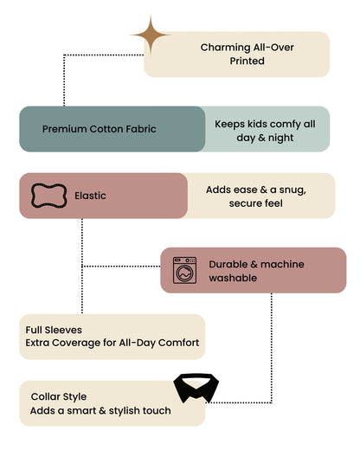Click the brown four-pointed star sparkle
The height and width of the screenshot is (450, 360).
[151, 35]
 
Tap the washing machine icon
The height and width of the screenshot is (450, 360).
[184, 270]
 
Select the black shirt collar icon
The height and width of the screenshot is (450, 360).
[196, 388]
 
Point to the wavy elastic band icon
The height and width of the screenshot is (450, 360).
[48, 196]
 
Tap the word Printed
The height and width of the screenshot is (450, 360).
[247, 61]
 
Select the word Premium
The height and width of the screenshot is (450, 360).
[64, 129]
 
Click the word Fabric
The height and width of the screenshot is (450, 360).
[141, 129]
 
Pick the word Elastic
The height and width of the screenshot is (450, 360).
[90, 196]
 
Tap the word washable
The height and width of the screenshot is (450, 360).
[233, 278]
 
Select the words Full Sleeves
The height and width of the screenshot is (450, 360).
[54, 330]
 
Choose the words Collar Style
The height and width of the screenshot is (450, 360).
[59, 396]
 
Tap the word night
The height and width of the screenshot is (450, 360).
[280, 138]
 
